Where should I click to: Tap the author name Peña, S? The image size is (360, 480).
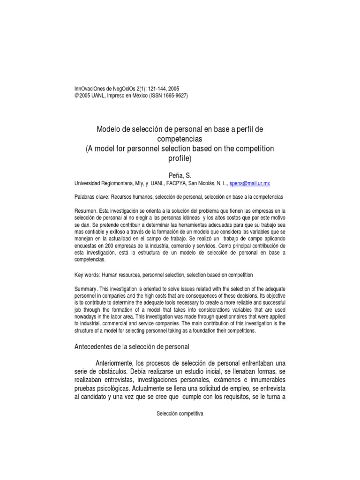[180, 175]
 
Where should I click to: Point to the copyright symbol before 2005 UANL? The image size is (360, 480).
[77, 95]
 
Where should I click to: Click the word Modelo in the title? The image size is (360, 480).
[108, 128]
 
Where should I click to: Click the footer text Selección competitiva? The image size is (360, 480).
[180, 414]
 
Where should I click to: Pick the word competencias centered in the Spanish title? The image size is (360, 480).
[180, 139]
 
